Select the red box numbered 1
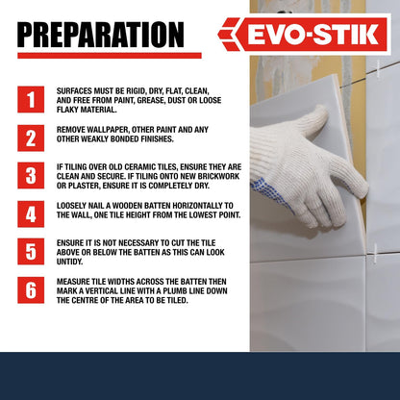pyautogui.click(x=31, y=100)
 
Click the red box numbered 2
pyautogui.click(x=31, y=137)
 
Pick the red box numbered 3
pyautogui.click(x=31, y=176)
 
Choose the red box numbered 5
pyautogui.click(x=31, y=252)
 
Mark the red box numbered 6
pyautogui.click(x=31, y=290)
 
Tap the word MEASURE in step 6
pyautogui.click(x=74, y=281)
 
